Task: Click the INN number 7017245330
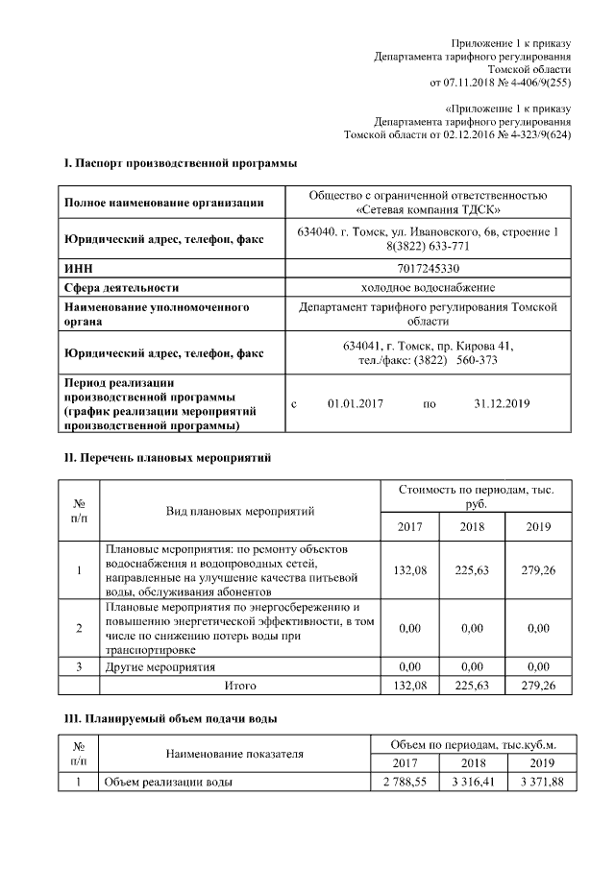point(428,268)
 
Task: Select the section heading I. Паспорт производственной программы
point(180,163)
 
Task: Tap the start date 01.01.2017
point(355,403)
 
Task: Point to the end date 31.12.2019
point(503,403)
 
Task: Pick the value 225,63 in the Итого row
point(472,686)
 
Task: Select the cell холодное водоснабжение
point(428,287)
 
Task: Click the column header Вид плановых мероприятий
point(240,510)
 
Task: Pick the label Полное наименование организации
point(163,203)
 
